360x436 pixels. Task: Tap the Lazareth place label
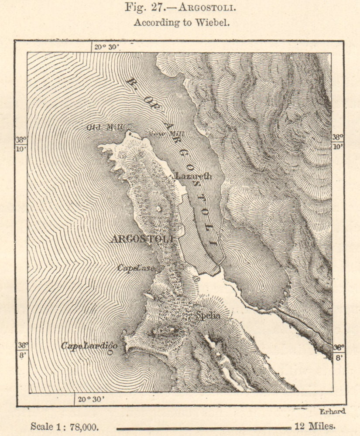coord(193,176)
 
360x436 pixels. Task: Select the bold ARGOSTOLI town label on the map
coord(142,238)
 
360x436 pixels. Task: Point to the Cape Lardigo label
coord(89,346)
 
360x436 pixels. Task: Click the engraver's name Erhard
coord(332,411)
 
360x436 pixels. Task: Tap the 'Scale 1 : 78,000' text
coord(62,426)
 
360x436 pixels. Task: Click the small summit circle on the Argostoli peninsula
coord(158,208)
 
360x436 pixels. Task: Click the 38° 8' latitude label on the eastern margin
coord(338,351)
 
